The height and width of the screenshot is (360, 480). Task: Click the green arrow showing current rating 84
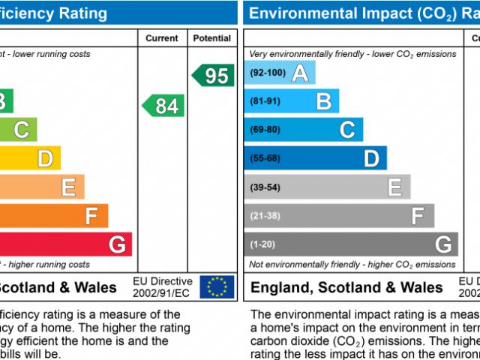163,106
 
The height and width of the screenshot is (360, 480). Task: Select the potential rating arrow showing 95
212,75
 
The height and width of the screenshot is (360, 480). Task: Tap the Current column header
162,38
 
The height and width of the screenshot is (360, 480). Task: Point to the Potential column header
212,38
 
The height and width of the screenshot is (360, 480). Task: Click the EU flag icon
217,286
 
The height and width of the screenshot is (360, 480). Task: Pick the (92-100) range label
267,73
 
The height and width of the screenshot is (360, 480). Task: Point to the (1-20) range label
262,244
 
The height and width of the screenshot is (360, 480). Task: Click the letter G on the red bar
117,244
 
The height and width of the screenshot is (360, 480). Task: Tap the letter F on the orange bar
91,216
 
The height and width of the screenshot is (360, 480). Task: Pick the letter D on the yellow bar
45,158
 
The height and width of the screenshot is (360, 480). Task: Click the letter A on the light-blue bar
300,73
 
